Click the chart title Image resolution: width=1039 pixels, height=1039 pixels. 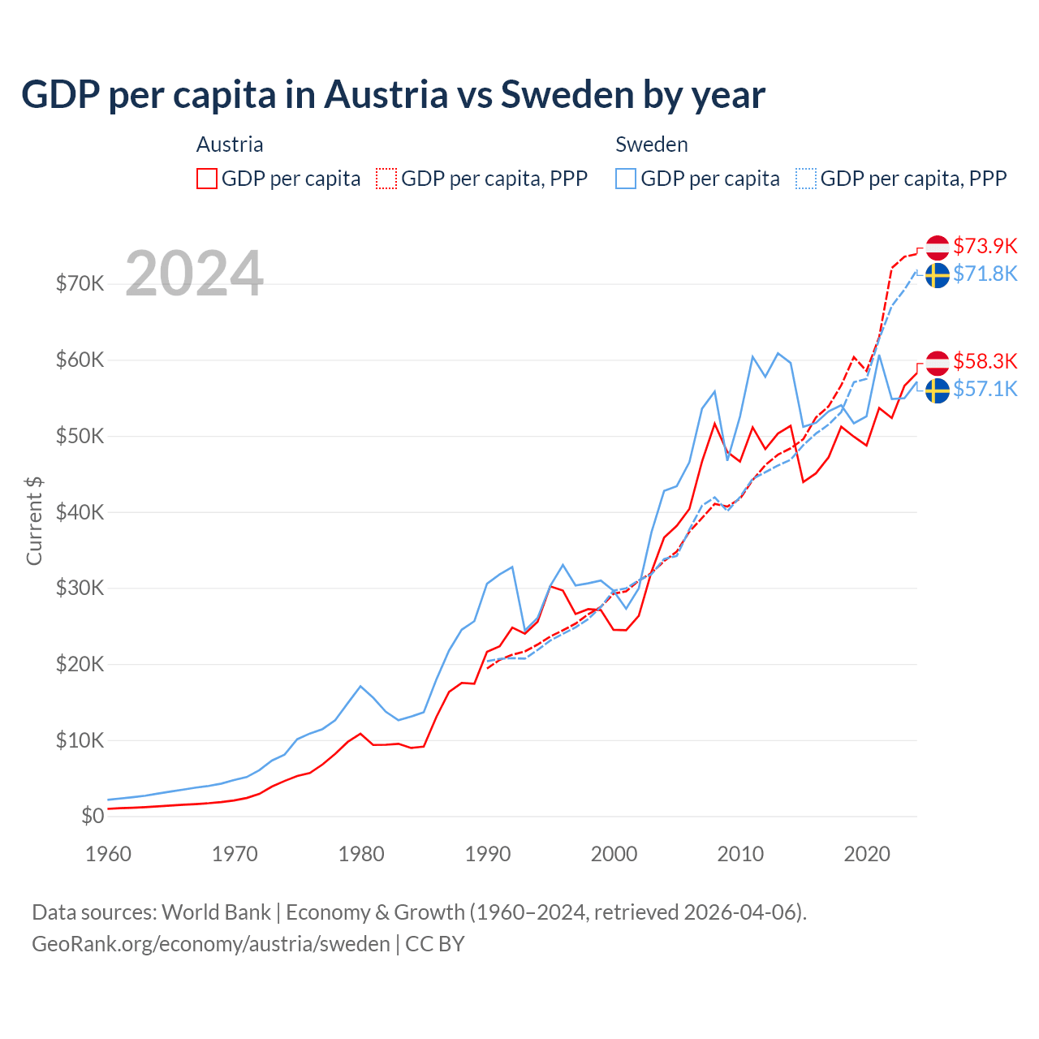pos(393,94)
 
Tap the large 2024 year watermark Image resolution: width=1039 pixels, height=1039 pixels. pos(194,274)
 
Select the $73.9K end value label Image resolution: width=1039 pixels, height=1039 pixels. pos(985,246)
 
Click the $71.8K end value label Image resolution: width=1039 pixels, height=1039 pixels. pos(985,274)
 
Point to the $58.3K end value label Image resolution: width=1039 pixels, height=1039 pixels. pos(985,361)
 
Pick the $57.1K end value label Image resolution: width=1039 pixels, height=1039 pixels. pos(985,389)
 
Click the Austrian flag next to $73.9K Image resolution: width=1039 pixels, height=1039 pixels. pos(938,248)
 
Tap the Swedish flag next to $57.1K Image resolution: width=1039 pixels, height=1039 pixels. pos(938,390)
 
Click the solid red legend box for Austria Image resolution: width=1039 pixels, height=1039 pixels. pos(207,179)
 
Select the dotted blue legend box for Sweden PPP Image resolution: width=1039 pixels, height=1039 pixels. pos(806,179)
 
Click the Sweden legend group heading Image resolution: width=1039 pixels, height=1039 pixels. pos(651,144)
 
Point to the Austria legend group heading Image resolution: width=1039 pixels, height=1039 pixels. pos(230,144)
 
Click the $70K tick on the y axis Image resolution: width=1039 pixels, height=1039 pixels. pos(80,283)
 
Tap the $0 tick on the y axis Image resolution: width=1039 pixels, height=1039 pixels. pos(93,817)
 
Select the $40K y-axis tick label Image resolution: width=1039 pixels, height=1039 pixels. pos(80,512)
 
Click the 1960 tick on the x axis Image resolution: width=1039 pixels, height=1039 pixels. pos(108,854)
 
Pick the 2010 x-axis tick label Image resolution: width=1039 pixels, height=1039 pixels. pos(740,854)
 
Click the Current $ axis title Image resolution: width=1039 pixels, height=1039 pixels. pos(34,521)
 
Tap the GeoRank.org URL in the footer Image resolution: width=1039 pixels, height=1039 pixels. pos(211,944)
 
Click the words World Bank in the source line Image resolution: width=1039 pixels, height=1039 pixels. pos(216,912)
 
